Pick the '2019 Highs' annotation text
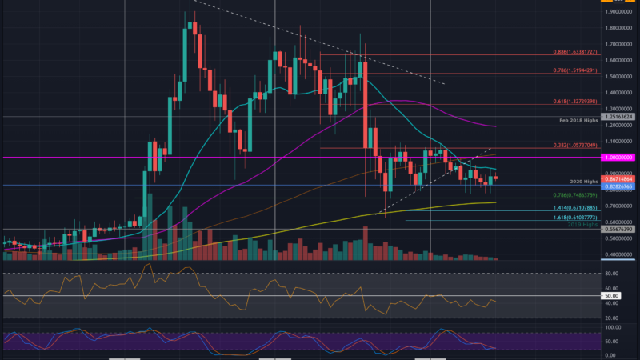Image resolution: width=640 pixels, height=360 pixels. tap(579, 225)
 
